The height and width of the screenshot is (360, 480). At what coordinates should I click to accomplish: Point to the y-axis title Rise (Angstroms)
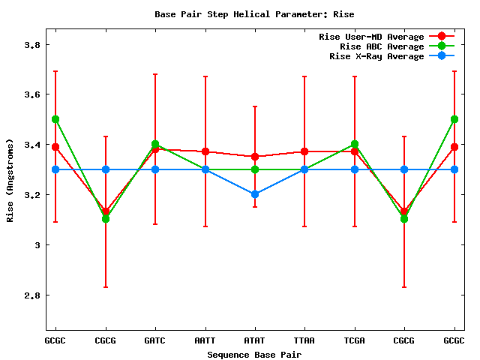[x=10, y=180]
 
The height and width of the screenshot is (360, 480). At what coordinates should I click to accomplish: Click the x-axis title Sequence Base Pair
[x=254, y=354]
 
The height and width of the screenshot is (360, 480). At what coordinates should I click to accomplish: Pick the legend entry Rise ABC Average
[x=382, y=46]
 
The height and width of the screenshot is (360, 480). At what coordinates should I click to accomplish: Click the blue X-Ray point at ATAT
[x=255, y=194]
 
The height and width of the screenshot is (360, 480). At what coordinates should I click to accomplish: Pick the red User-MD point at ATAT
[x=255, y=157]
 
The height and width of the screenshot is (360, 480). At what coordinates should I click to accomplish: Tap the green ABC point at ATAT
[x=255, y=169]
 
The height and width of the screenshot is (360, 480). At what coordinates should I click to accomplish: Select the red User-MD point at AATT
[x=205, y=151]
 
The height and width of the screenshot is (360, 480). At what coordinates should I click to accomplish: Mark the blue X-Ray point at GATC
[x=155, y=169]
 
